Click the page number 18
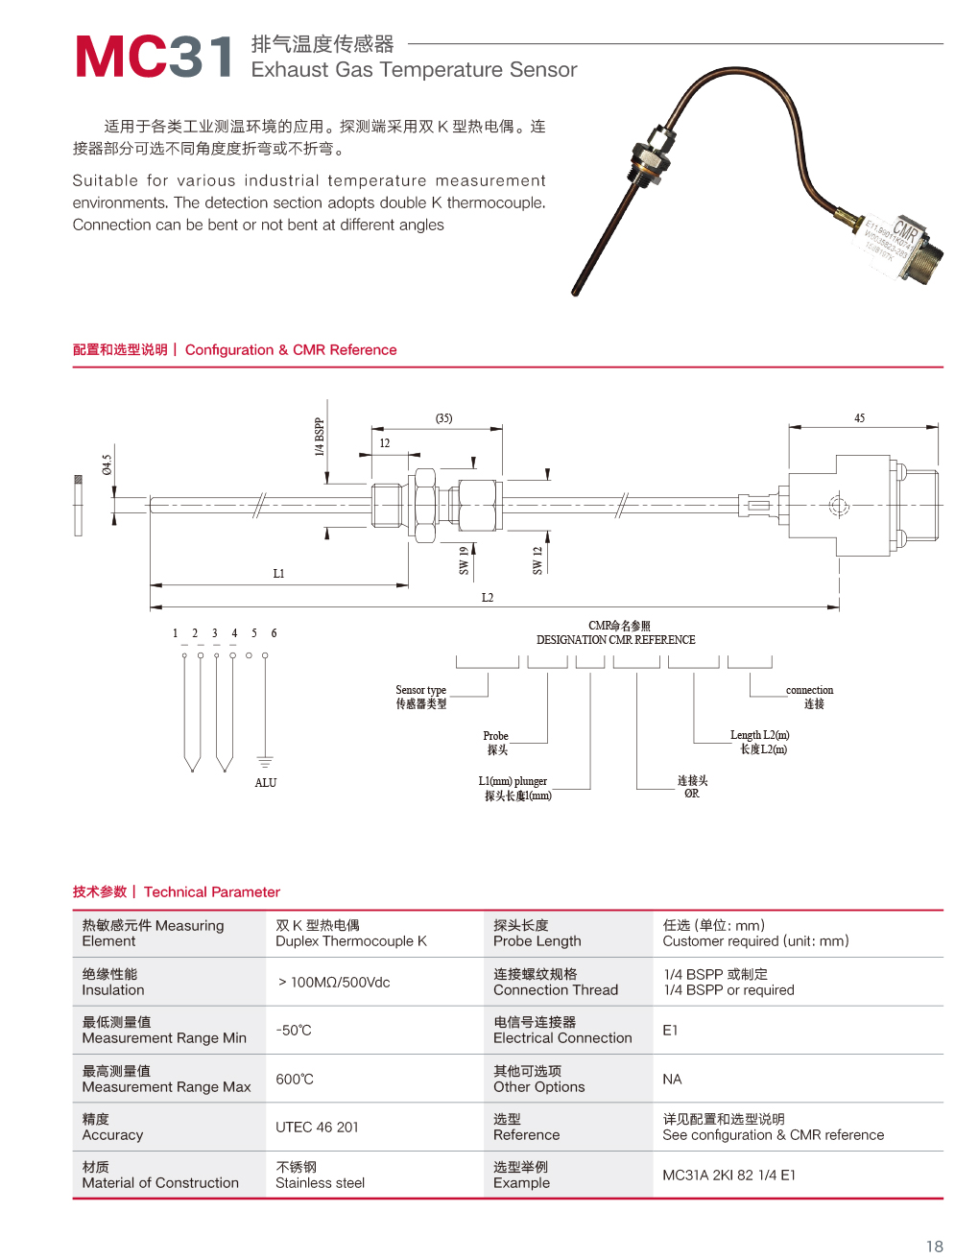934,1246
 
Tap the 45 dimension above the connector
859,417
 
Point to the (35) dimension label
443,417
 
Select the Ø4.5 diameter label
107,464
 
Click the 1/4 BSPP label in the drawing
319,437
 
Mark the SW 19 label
464,559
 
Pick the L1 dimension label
278,573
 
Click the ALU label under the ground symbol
265,782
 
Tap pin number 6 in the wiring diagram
274,632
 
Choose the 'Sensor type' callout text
420,689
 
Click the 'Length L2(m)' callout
759,735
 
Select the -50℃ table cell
293,1030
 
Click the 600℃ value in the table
295,1079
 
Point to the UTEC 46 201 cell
317,1127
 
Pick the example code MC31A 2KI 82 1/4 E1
728,1175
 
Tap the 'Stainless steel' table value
320,1182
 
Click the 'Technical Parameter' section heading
212,891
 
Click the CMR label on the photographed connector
906,230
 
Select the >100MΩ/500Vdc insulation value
334,982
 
